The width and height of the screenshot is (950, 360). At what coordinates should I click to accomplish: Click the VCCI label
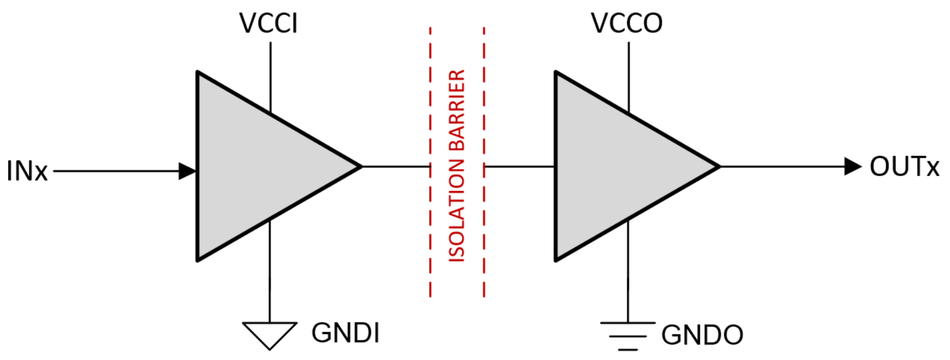pyautogui.click(x=268, y=23)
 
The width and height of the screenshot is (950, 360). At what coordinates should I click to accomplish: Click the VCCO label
pyautogui.click(x=626, y=23)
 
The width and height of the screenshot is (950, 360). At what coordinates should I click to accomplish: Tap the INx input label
pyautogui.click(x=27, y=171)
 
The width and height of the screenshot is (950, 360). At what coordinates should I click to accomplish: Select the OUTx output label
pyautogui.click(x=904, y=167)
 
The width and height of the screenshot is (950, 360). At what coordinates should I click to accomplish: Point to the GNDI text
pyautogui.click(x=345, y=333)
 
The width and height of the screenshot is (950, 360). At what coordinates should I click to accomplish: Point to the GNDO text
pyautogui.click(x=702, y=335)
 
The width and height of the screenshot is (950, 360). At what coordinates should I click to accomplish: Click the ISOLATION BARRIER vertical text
pyautogui.click(x=457, y=166)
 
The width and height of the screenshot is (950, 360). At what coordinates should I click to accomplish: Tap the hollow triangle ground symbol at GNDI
pyautogui.click(x=270, y=333)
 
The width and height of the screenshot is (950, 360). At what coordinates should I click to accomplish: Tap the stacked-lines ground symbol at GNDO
pyautogui.click(x=628, y=336)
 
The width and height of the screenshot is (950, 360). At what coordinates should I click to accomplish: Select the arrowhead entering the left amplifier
pyautogui.click(x=187, y=171)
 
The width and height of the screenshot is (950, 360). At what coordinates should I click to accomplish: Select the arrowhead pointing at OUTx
pyautogui.click(x=853, y=167)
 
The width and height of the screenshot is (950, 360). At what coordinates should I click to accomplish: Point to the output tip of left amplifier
pyautogui.click(x=360, y=166)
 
